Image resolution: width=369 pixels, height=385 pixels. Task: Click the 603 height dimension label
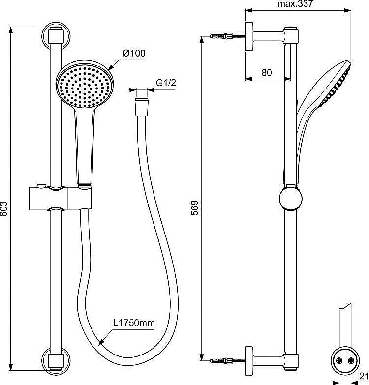pos(4,208)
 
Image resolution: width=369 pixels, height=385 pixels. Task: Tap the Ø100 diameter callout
pos(134,53)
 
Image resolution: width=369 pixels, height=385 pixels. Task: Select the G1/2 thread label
pos(166,83)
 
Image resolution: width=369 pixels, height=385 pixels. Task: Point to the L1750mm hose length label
pos(134,323)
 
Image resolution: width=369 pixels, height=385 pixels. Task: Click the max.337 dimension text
pos(295,4)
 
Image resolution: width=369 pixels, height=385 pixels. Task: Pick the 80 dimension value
pos(267,72)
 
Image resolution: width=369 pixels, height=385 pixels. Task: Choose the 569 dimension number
pos(195,208)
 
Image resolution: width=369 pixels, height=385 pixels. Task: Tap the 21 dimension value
pos(364,376)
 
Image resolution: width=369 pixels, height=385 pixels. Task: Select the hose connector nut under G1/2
pos(142,107)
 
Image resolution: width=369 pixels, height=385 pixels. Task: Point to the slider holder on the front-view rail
pos(60,198)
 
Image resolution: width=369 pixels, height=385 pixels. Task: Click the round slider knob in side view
pos(291,199)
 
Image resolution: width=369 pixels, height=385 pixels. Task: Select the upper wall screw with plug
pos(227,36)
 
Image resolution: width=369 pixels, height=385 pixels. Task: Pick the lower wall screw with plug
pos(227,361)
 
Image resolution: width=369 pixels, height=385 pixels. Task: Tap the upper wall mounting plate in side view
pos(249,36)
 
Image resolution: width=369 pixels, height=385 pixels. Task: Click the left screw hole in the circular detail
pos(339,360)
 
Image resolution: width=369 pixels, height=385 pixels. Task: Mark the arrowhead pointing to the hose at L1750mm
pos(101,342)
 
